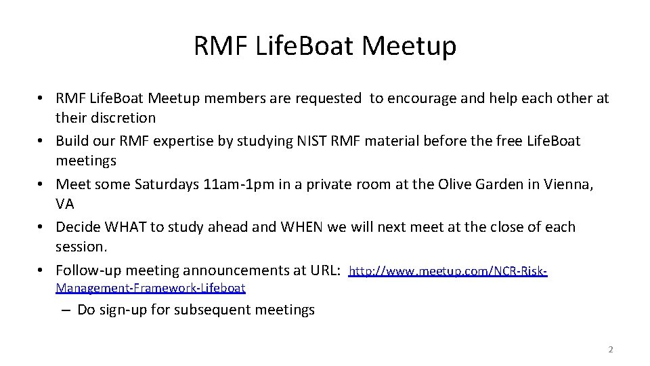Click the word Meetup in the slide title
point(409,46)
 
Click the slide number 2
point(610,350)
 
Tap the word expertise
point(179,140)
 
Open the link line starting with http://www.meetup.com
point(448,272)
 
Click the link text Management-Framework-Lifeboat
point(150,288)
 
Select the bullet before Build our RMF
point(42,140)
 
